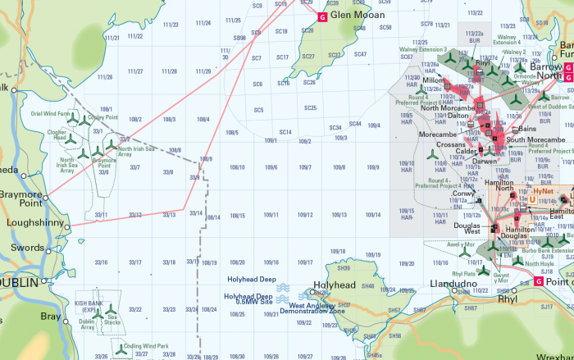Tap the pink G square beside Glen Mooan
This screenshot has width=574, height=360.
[x=322, y=16]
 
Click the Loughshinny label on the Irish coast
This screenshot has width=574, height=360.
[x=34, y=222]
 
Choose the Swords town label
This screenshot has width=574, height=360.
[x=28, y=248]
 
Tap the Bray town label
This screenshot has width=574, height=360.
[x=51, y=316]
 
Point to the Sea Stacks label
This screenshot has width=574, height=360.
[x=112, y=318]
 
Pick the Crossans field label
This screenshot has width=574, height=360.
[x=451, y=144]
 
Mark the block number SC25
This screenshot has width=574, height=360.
[x=310, y=107]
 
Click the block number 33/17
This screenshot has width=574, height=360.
[x=135, y=262]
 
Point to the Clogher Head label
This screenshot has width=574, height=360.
[x=57, y=134]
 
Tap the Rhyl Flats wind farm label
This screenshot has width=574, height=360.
[x=464, y=273]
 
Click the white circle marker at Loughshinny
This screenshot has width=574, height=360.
[x=68, y=226]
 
